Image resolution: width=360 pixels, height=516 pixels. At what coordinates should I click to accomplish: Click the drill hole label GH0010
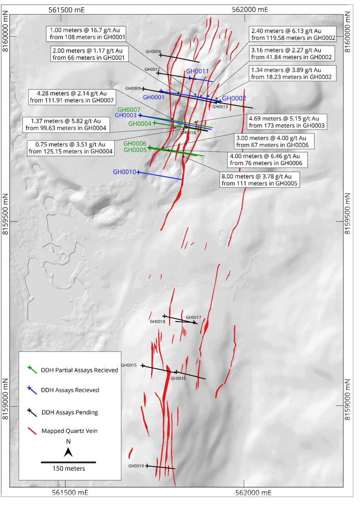(125, 172)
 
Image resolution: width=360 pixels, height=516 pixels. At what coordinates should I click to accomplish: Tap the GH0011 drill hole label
(197, 71)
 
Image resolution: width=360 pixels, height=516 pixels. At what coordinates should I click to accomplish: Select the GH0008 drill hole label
(154, 51)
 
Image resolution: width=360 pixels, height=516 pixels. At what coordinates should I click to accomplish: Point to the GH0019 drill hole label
(136, 466)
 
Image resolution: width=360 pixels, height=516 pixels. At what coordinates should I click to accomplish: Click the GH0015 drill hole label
(129, 365)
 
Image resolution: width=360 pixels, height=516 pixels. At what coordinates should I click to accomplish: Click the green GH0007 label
(129, 110)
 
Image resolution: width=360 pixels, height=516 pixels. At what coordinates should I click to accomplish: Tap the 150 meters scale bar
(68, 462)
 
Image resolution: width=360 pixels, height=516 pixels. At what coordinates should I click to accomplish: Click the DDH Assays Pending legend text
(69, 412)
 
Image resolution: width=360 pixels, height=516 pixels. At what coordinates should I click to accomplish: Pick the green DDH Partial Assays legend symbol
(31, 369)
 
